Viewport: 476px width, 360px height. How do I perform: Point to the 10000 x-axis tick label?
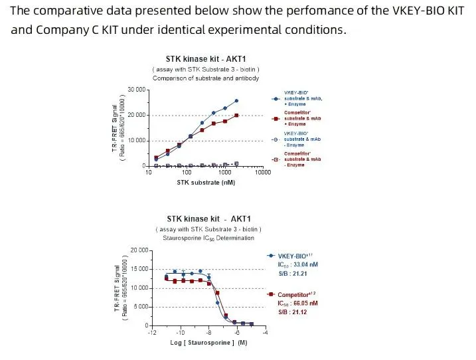coord(262,173)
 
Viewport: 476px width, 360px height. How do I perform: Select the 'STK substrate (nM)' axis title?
coord(206,183)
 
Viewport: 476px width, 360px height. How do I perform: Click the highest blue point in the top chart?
coord(236,101)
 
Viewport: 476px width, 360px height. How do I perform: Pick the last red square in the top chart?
coord(236,116)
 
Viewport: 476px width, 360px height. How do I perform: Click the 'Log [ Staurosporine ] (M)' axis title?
coord(208,342)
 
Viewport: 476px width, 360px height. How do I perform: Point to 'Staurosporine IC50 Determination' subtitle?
coord(206,238)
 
